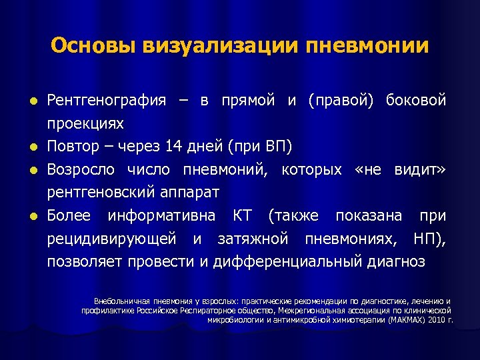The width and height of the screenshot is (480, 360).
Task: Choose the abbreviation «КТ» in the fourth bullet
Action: point(243,216)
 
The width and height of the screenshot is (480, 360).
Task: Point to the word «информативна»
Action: point(159,216)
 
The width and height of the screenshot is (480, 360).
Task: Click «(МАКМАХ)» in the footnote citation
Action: point(403,319)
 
